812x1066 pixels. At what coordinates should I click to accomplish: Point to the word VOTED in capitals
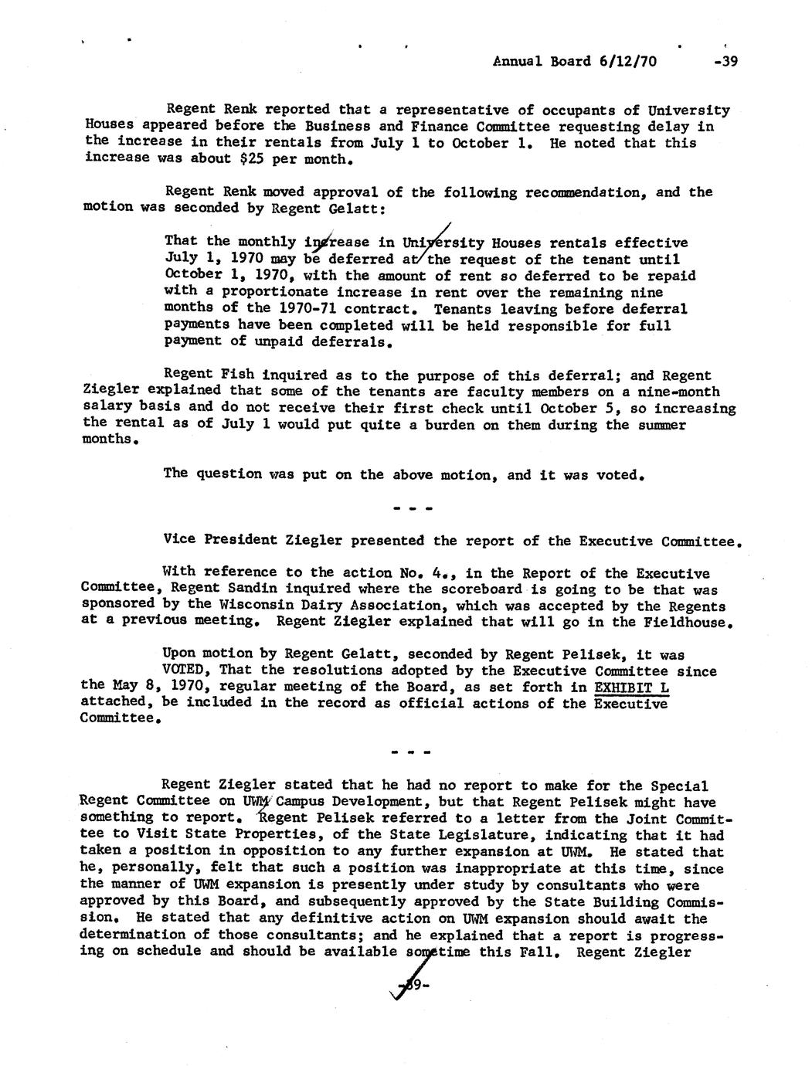[186, 670]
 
